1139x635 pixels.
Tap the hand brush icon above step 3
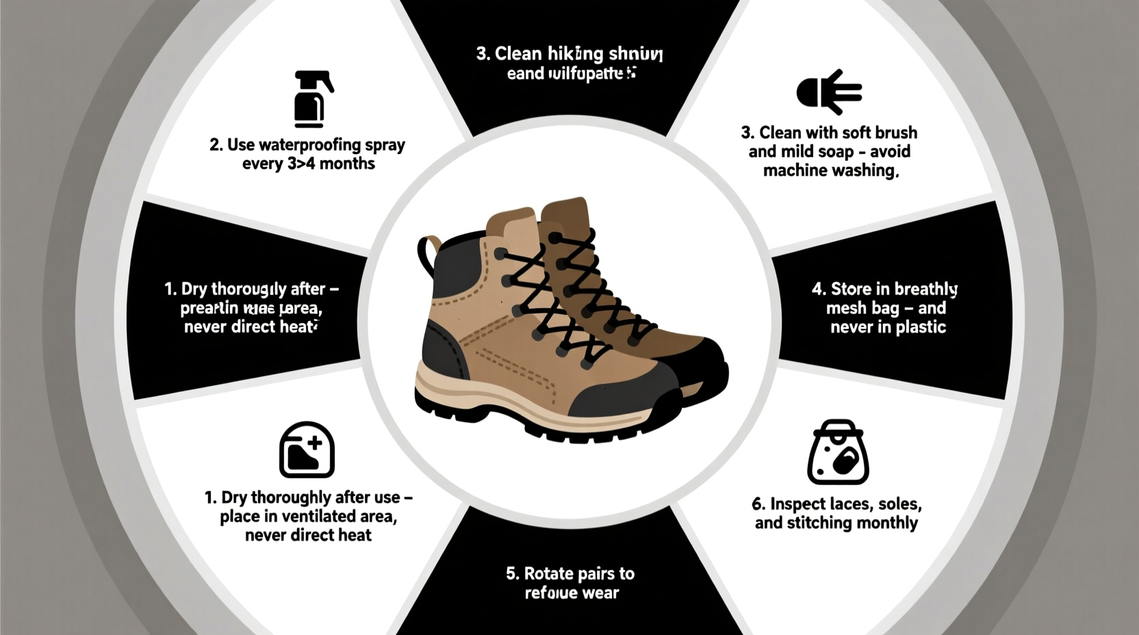[829, 92]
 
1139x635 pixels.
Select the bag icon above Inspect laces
[838, 452]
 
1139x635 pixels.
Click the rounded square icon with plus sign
[307, 450]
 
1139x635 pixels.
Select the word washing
[862, 171]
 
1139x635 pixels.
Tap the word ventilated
[322, 517]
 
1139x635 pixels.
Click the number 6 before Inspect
[757, 504]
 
